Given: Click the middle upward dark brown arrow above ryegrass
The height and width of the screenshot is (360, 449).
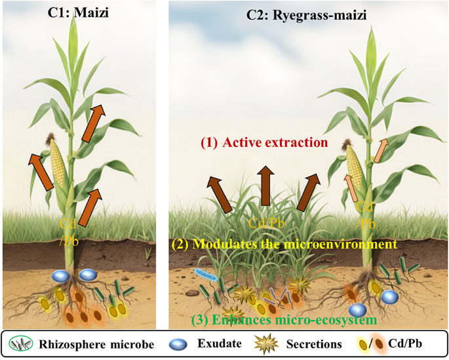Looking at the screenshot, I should click(x=265, y=186).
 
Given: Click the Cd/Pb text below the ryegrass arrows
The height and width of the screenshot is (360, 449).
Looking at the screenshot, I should click(x=265, y=223).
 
